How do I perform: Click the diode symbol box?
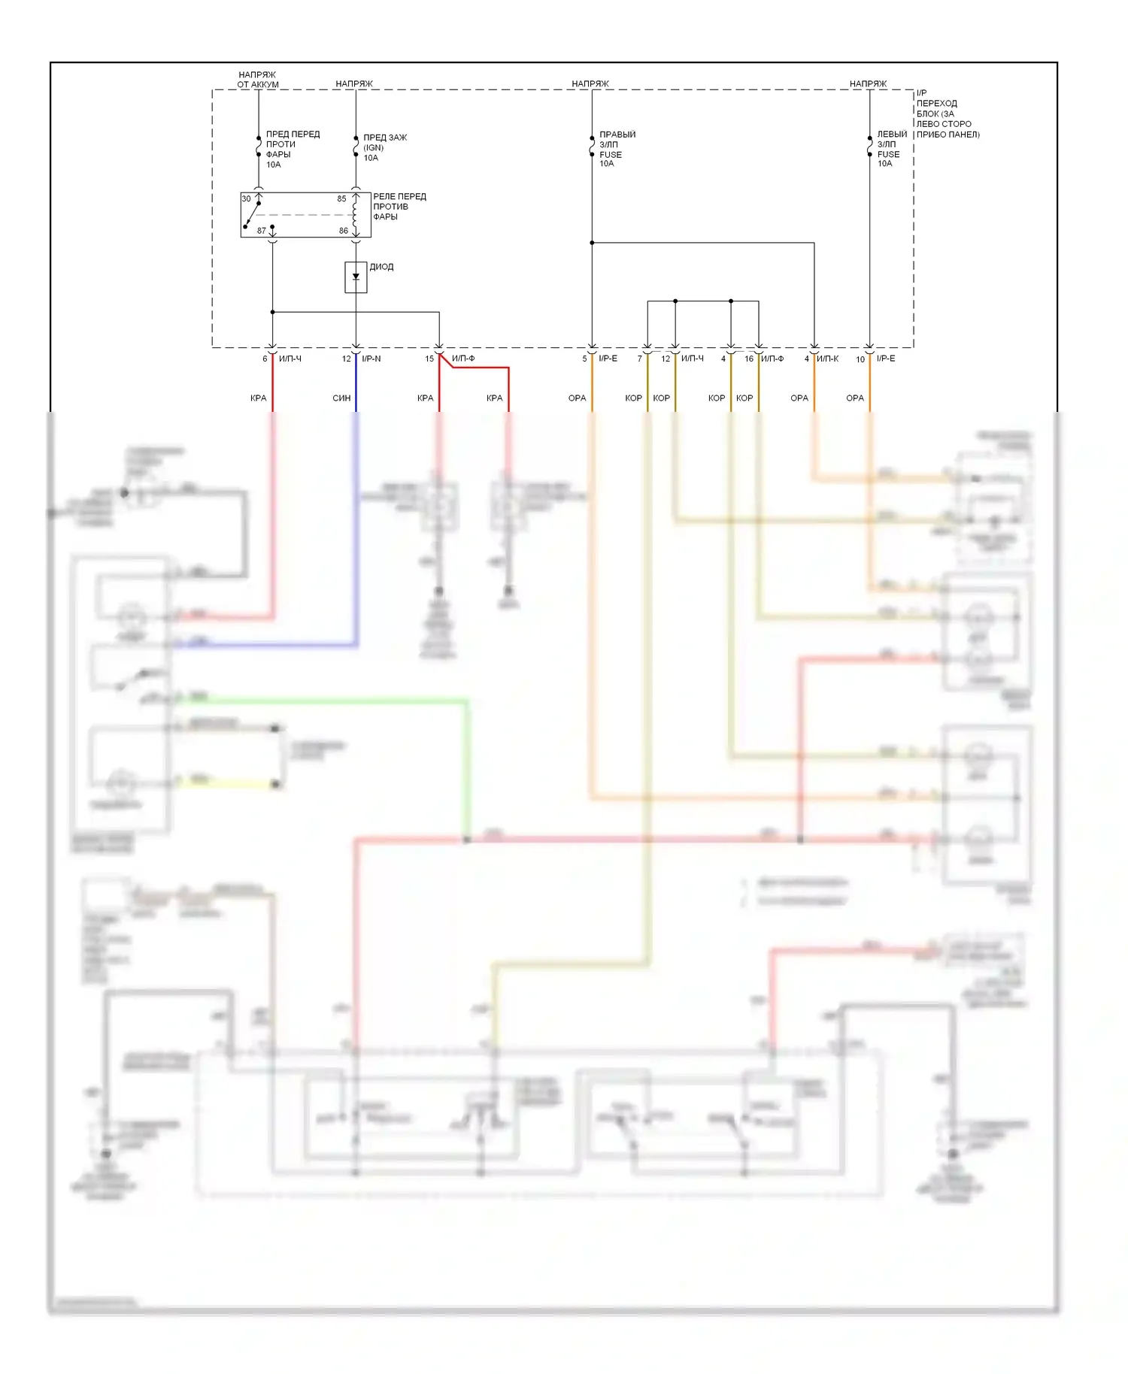(356, 277)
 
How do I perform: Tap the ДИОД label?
(381, 267)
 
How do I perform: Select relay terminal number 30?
(246, 199)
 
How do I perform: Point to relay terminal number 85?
(341, 199)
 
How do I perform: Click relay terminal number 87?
(261, 231)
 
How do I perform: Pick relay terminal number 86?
(343, 231)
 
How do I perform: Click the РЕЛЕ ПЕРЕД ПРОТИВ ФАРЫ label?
(399, 207)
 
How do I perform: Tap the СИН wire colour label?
(341, 398)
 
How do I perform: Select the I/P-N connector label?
(371, 359)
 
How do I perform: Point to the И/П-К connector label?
(827, 359)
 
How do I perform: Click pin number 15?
(429, 359)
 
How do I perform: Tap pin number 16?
(749, 359)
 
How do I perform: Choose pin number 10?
(860, 359)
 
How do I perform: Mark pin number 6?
(265, 359)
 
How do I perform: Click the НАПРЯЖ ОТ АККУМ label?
(258, 80)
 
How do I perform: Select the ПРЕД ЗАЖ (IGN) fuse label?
(384, 147)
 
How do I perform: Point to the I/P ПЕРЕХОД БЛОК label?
(947, 113)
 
